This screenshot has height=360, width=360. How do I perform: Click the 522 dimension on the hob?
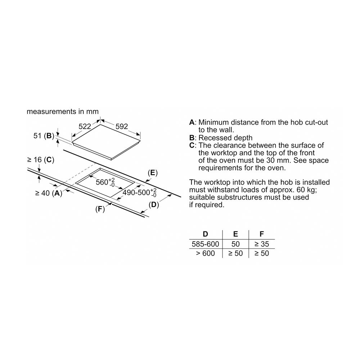click(85, 126)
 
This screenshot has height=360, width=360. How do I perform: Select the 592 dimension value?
click(121, 126)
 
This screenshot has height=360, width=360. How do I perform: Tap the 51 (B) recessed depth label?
click(44, 136)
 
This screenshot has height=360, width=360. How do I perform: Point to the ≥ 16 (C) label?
click(41, 160)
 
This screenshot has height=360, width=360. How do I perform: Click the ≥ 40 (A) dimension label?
click(49, 193)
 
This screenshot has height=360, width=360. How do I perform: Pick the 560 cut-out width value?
click(105, 182)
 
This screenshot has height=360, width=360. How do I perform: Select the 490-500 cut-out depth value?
click(140, 192)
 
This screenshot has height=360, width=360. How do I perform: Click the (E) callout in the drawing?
click(153, 173)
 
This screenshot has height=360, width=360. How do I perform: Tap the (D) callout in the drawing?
click(154, 204)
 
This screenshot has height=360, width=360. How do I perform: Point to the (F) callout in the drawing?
click(100, 209)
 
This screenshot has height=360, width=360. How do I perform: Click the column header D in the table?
click(206, 234)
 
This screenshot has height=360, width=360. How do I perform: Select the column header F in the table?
click(261, 234)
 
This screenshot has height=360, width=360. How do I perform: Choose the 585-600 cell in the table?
click(206, 244)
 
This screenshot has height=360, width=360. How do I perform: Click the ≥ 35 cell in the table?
click(261, 244)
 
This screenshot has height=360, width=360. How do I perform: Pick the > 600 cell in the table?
click(206, 253)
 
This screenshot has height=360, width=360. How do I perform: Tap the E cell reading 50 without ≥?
click(235, 244)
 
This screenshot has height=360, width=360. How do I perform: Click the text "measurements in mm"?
click(63, 112)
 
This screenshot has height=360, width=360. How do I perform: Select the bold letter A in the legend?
click(192, 122)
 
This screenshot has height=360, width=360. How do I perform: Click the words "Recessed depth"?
click(225, 138)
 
